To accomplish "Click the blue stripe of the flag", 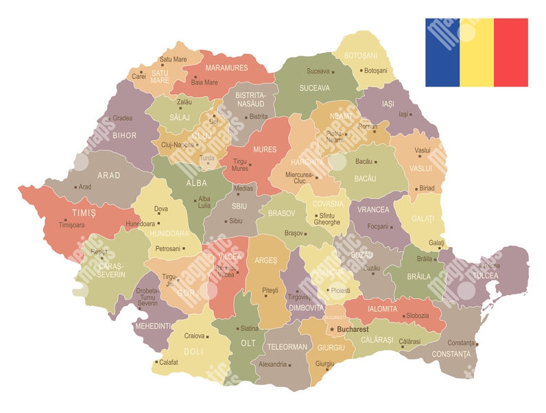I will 442,53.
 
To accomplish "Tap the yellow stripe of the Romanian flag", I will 477,53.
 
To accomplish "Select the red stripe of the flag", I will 511,53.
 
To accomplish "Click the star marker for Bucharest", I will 333,330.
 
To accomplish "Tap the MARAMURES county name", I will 226,68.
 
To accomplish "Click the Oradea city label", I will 123,118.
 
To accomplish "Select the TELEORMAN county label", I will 287,346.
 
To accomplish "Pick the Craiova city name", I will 195,336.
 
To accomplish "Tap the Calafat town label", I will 170,362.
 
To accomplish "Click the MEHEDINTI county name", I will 152,326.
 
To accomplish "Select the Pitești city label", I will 270,291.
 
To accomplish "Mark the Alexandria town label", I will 272,364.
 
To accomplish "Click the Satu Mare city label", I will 173,60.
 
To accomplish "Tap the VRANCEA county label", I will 372,209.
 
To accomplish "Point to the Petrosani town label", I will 168,248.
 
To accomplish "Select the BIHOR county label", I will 125,136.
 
